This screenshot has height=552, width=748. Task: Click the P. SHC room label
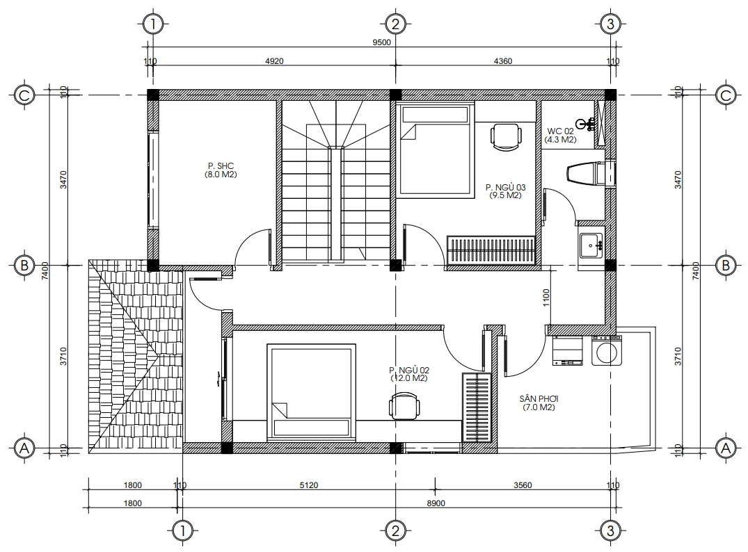tap(221, 166)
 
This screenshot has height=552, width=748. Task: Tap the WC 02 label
tap(561, 131)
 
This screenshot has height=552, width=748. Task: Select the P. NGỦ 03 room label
tap(506, 187)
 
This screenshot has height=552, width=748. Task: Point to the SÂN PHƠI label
tap(539, 398)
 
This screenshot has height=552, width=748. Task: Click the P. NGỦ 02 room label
tap(409, 370)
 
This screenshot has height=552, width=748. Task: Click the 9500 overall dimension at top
tap(381, 42)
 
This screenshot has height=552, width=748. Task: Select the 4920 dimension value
tap(274, 61)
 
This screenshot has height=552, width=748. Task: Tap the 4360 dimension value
tap(503, 61)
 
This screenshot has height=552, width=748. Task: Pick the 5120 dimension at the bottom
tap(309, 485)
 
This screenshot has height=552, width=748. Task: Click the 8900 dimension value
tap(436, 503)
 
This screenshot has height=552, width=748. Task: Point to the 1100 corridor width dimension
tap(546, 298)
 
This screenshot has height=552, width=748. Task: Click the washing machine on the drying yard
tap(607, 350)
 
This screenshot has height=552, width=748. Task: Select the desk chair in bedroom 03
tap(506, 137)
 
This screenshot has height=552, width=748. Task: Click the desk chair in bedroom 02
tap(404, 407)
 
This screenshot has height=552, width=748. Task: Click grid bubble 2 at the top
tap(395, 24)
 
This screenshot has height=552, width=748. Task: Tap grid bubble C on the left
tap(24, 95)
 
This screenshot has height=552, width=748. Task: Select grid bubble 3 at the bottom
tap(610, 530)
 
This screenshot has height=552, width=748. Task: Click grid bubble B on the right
tap(726, 265)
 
